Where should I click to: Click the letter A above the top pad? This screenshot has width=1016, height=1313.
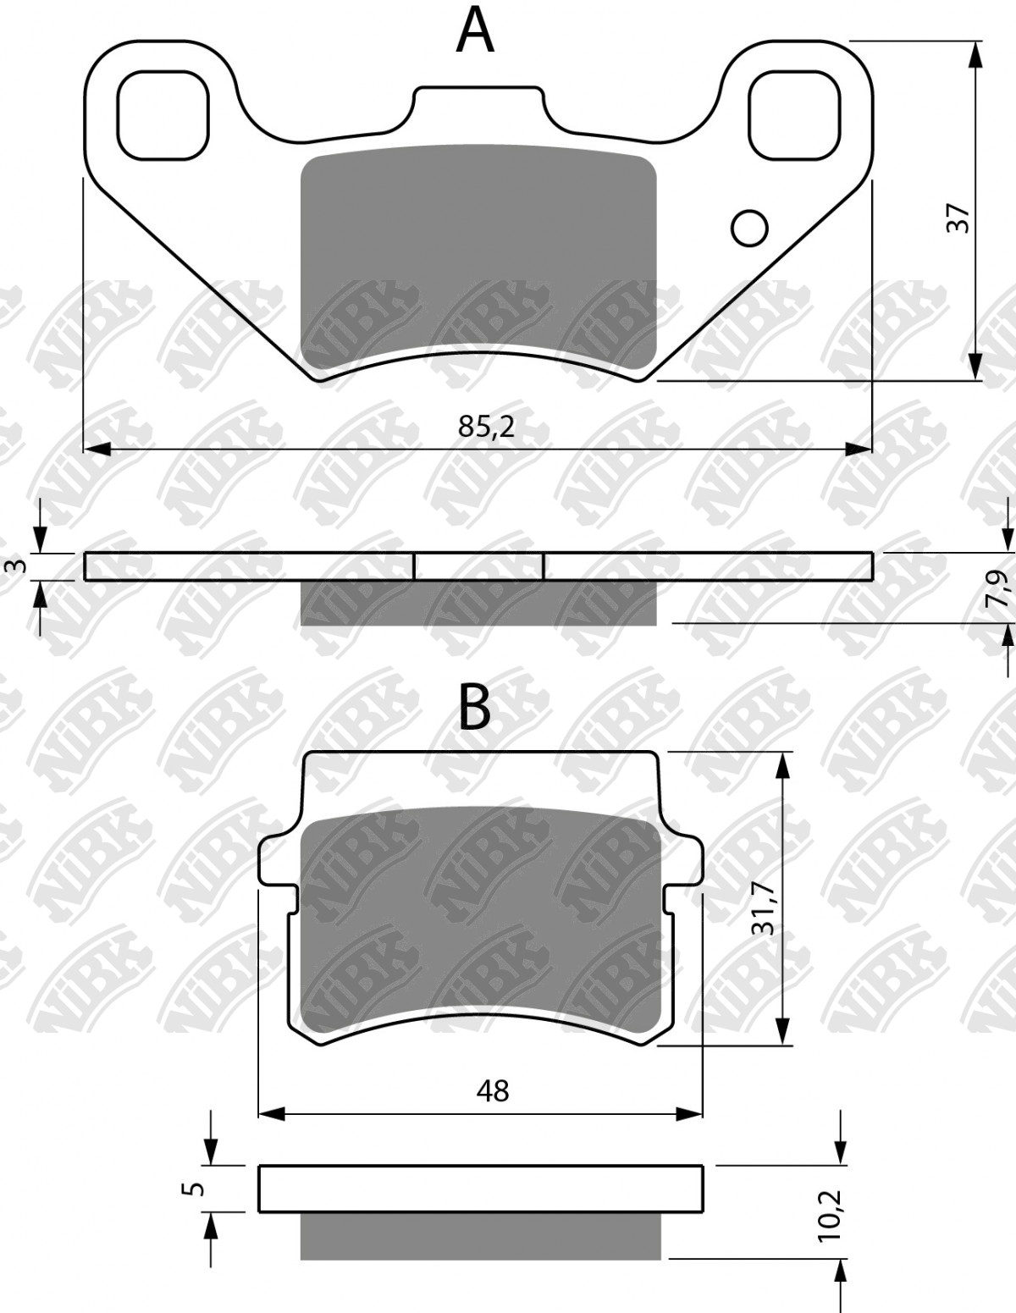pos(475,31)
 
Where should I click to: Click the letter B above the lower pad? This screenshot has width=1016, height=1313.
pos(474,707)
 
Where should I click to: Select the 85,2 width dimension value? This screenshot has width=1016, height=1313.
pos(486,426)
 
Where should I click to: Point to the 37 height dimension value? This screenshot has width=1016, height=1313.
pos(958,218)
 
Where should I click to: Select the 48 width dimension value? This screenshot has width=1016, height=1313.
pos(492,1090)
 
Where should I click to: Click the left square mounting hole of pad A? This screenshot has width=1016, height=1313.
pos(163,116)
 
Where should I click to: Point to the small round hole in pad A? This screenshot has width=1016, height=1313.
pos(749,228)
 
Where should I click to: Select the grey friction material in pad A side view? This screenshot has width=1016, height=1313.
pos(478,603)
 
